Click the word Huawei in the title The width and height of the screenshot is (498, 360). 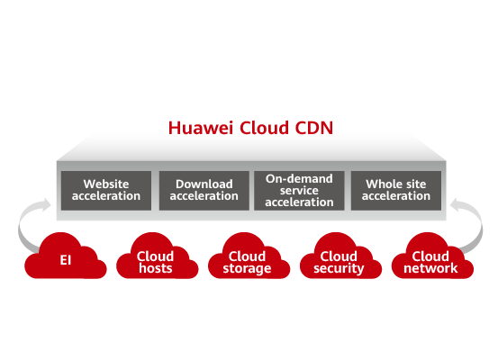point(201,128)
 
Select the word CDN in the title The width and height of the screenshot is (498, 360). point(313,128)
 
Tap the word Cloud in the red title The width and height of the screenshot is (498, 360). point(264,128)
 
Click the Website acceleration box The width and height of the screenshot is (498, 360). point(106,191)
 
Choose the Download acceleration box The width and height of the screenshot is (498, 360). point(204,191)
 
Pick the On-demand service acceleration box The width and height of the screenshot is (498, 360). point(299,191)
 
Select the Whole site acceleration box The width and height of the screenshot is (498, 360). point(396,191)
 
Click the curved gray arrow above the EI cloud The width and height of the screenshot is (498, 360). point(22,219)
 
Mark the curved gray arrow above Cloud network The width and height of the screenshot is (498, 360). point(479,219)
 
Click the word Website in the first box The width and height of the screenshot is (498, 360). point(106,184)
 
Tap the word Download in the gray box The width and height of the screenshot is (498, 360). point(204,184)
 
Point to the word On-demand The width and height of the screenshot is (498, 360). point(299,179)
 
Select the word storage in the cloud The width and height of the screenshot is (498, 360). point(247,268)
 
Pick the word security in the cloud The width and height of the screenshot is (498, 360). point(339,268)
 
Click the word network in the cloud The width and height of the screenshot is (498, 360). point(430,268)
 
